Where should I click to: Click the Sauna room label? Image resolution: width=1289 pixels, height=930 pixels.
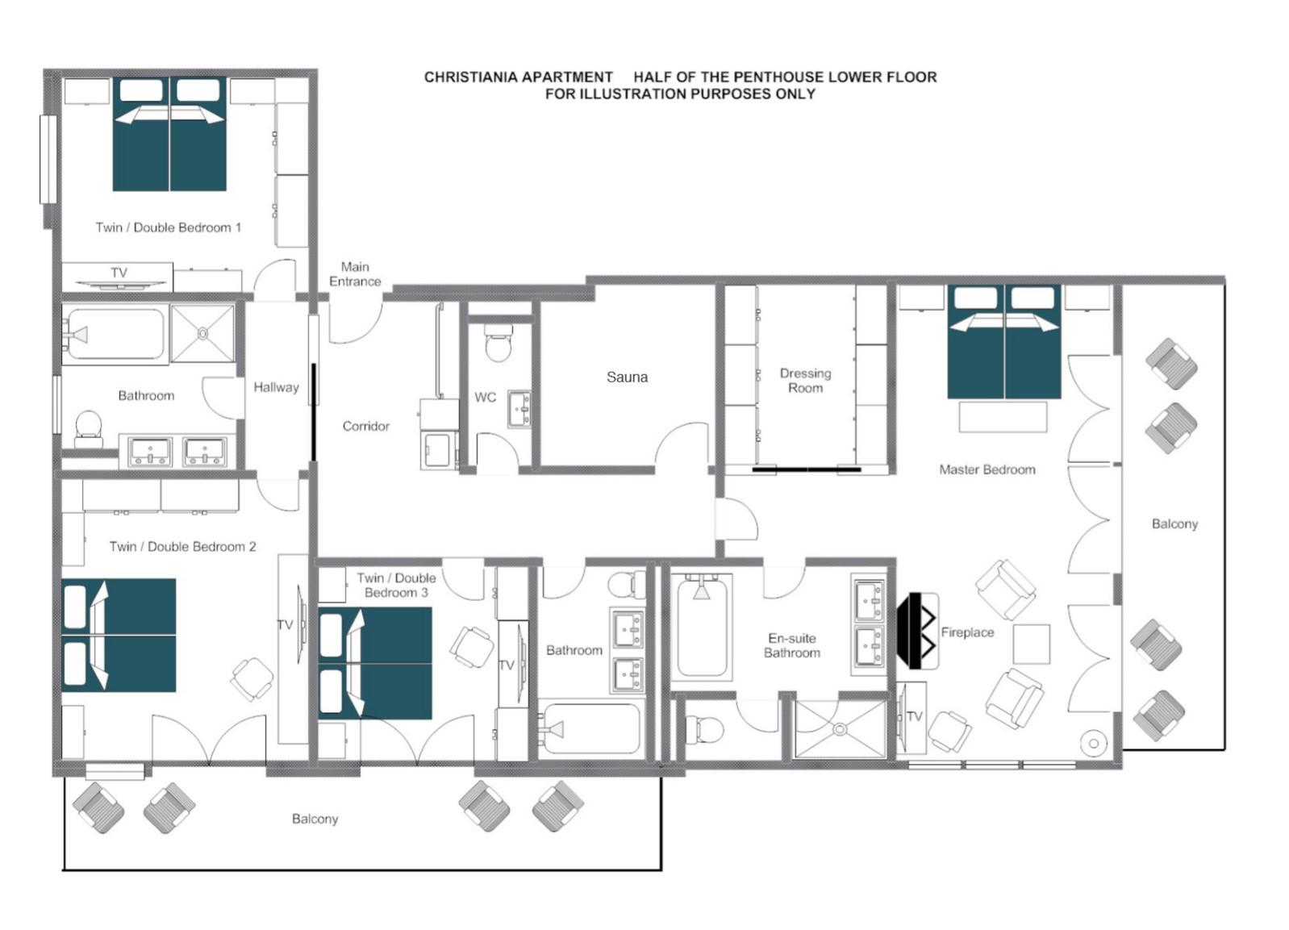(x=627, y=377)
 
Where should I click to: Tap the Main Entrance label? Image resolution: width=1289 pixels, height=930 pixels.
(x=355, y=274)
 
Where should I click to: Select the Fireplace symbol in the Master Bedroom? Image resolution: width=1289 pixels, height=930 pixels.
(x=918, y=631)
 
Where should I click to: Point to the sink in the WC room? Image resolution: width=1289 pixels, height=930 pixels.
(x=519, y=409)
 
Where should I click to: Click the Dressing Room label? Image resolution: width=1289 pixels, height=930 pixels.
(x=805, y=381)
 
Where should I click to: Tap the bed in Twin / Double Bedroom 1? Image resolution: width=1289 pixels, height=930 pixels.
(x=169, y=134)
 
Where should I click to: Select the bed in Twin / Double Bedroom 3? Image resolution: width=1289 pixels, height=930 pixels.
(x=374, y=663)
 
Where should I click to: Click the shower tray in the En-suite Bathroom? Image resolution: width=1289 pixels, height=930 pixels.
(x=840, y=729)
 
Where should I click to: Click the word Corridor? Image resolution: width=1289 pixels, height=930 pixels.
(x=366, y=426)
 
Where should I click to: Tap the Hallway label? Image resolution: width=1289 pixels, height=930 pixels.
(x=276, y=387)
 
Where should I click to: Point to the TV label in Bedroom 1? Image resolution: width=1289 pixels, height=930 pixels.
(x=119, y=272)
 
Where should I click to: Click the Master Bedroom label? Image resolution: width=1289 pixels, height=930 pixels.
(x=987, y=469)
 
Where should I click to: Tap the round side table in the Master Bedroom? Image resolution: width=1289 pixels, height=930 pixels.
(x=1094, y=744)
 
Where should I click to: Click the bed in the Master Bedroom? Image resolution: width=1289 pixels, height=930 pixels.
(x=1004, y=342)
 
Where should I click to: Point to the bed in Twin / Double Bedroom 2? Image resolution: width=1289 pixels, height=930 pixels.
(x=119, y=635)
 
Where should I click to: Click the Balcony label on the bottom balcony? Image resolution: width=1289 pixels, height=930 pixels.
(x=315, y=819)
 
